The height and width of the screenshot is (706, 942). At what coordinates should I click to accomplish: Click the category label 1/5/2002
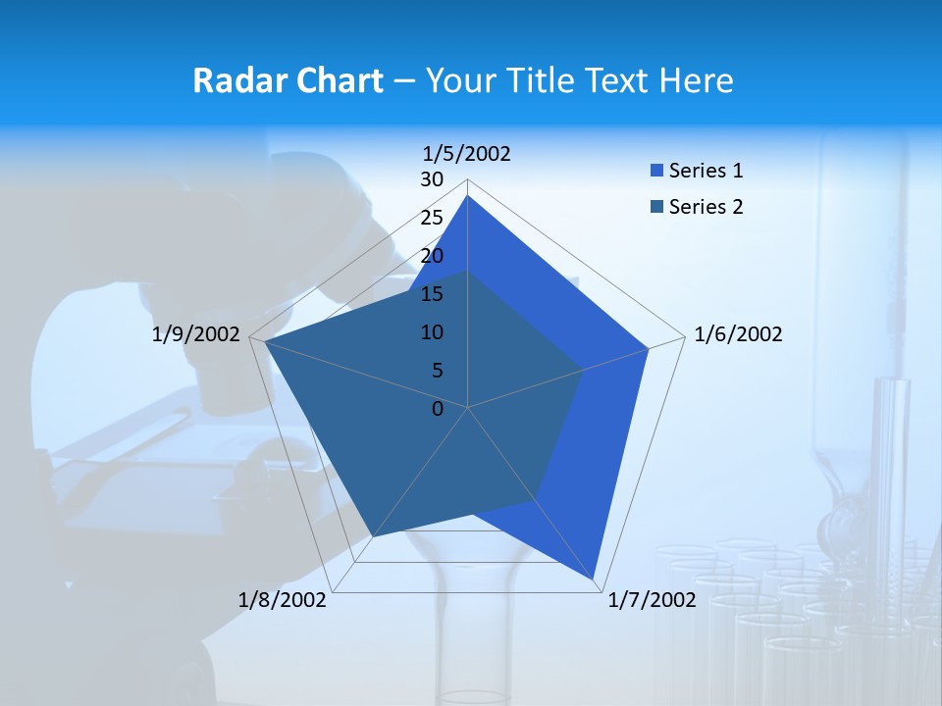(x=467, y=153)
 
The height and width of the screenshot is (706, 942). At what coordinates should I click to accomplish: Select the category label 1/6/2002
(x=738, y=334)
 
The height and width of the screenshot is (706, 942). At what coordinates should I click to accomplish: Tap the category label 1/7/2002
(x=652, y=600)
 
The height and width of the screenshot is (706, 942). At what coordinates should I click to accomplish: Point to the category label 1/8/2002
(x=283, y=600)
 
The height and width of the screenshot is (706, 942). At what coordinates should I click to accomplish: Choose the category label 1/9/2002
(x=196, y=334)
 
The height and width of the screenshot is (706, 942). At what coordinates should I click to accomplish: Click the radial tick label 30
(x=432, y=179)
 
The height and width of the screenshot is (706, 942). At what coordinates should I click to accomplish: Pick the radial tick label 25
(x=432, y=218)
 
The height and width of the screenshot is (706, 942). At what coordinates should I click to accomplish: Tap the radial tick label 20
(x=432, y=256)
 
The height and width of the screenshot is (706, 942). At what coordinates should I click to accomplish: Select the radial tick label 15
(x=432, y=294)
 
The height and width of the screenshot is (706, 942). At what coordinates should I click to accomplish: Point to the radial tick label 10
(x=432, y=332)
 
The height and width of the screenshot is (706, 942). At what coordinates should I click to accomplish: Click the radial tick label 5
(x=437, y=371)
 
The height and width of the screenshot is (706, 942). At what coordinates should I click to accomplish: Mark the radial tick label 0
(x=438, y=409)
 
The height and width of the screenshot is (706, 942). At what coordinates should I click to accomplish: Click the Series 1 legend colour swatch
(x=656, y=172)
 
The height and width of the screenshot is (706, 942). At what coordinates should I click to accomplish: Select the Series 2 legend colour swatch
(x=656, y=207)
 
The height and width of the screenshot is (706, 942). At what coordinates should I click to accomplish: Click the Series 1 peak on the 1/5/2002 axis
(x=468, y=195)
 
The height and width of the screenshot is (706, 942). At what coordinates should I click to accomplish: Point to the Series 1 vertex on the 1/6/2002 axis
(x=649, y=348)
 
